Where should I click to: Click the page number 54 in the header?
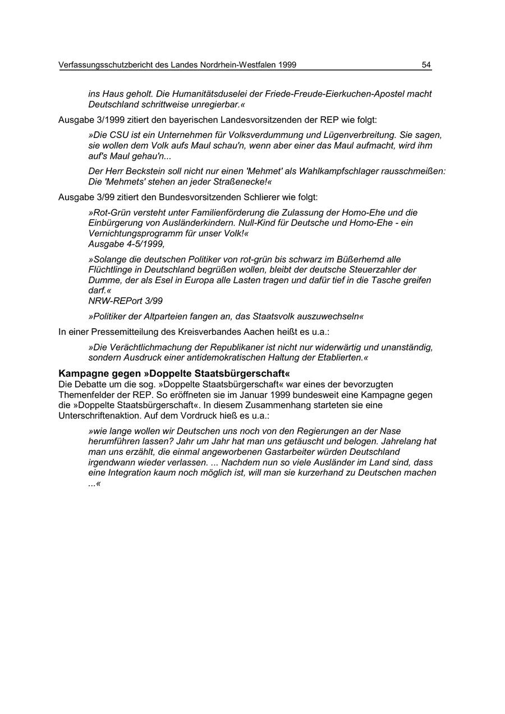tap(426, 65)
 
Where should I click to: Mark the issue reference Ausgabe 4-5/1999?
tap(126, 244)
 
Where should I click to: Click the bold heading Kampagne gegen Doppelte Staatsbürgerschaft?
tap(174, 374)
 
